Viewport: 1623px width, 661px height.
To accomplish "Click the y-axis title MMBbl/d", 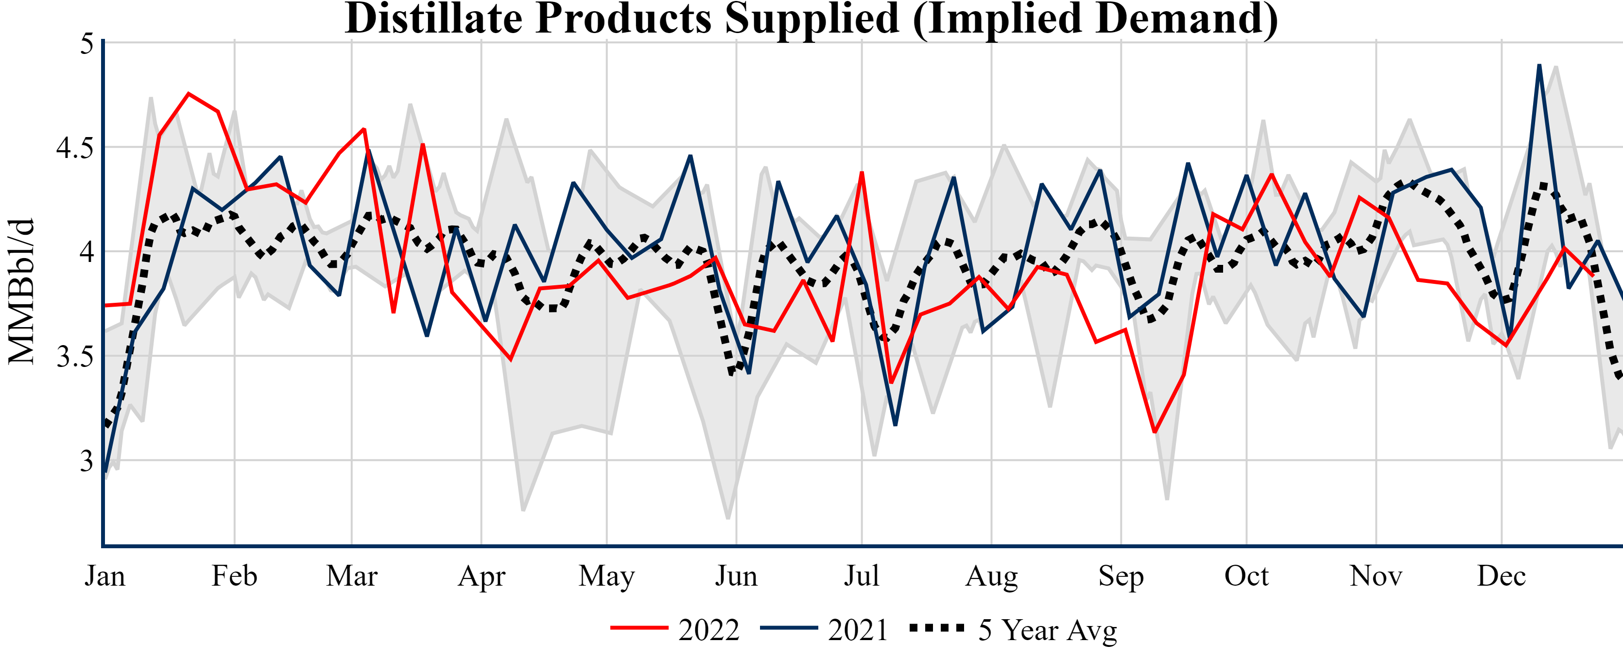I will click(x=21, y=291).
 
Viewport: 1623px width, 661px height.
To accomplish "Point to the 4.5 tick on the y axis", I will click(x=74, y=147).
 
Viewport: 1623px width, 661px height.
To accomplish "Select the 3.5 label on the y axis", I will click(x=74, y=357).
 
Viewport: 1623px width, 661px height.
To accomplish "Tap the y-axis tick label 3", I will click(x=86, y=461).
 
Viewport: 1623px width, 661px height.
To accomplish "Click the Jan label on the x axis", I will click(x=104, y=576).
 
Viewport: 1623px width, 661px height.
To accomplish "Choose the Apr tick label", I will click(x=482, y=576).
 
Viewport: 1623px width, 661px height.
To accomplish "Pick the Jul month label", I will click(x=861, y=576).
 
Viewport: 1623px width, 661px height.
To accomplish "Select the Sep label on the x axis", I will click(x=1121, y=576).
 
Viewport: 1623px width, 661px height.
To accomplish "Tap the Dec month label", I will click(x=1502, y=576).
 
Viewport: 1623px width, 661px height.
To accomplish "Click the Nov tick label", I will click(x=1376, y=576).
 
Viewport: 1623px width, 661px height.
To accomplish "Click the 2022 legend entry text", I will click(x=709, y=630).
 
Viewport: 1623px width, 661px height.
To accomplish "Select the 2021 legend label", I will click(x=858, y=630).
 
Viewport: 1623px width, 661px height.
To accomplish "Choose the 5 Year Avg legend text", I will click(x=1047, y=630).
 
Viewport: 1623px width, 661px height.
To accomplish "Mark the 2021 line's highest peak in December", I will click(x=1539, y=66).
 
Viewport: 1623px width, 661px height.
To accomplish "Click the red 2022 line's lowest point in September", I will click(x=1154, y=432).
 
